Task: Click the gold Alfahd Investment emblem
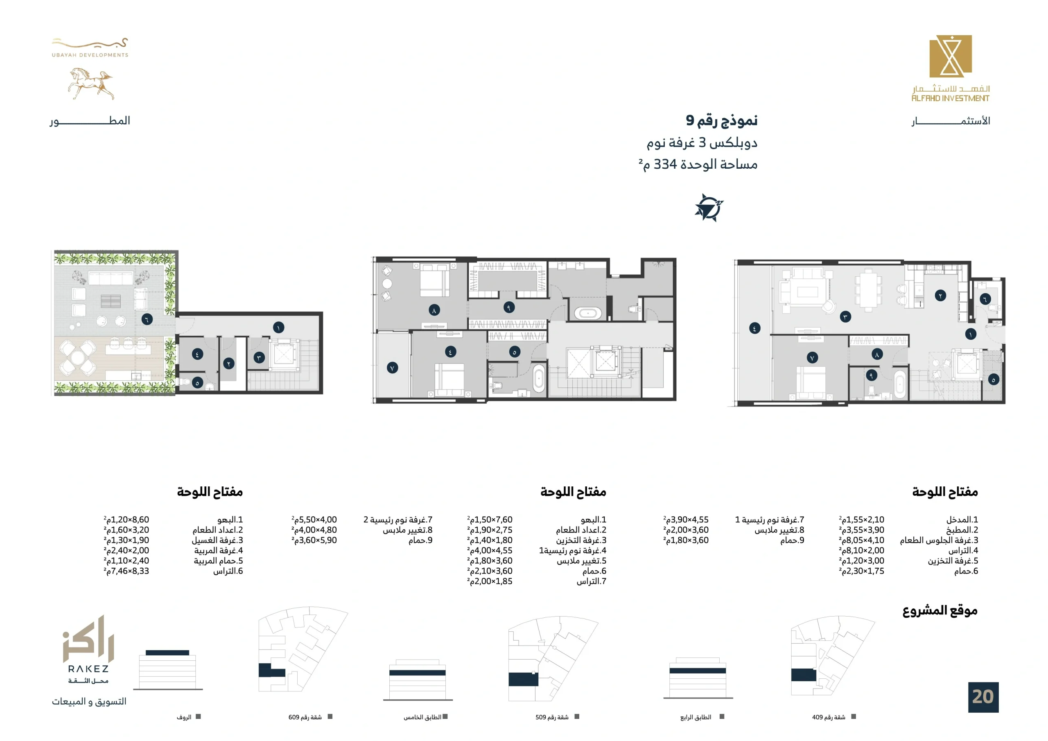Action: tap(951, 56)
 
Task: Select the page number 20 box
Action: tap(983, 697)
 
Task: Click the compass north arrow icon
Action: tap(709, 208)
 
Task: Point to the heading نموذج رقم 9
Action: tap(722, 120)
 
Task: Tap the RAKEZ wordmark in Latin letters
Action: tap(88, 669)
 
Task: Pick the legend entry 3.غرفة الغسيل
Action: tap(217, 540)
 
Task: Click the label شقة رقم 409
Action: tap(829, 717)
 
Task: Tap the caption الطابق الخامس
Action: tap(422, 717)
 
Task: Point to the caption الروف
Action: tap(184, 717)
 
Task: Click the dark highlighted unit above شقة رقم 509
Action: tap(523, 679)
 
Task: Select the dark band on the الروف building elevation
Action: tap(167, 653)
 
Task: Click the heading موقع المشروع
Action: tap(940, 611)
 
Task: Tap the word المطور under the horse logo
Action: tap(90, 121)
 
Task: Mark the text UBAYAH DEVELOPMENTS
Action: tap(90, 55)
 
